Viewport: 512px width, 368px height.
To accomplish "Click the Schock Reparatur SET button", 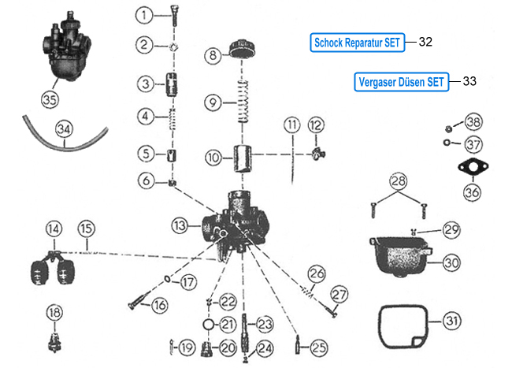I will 358,43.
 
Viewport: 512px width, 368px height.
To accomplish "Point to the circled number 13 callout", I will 180,225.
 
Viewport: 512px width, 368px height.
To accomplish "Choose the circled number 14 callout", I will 53,229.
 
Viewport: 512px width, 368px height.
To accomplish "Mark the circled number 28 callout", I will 399,182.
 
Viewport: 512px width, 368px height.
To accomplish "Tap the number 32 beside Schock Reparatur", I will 425,43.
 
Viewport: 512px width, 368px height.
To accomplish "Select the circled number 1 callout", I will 144,14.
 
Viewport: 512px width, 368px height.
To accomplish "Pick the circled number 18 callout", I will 54,313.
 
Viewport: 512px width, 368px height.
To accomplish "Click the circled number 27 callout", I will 339,295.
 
